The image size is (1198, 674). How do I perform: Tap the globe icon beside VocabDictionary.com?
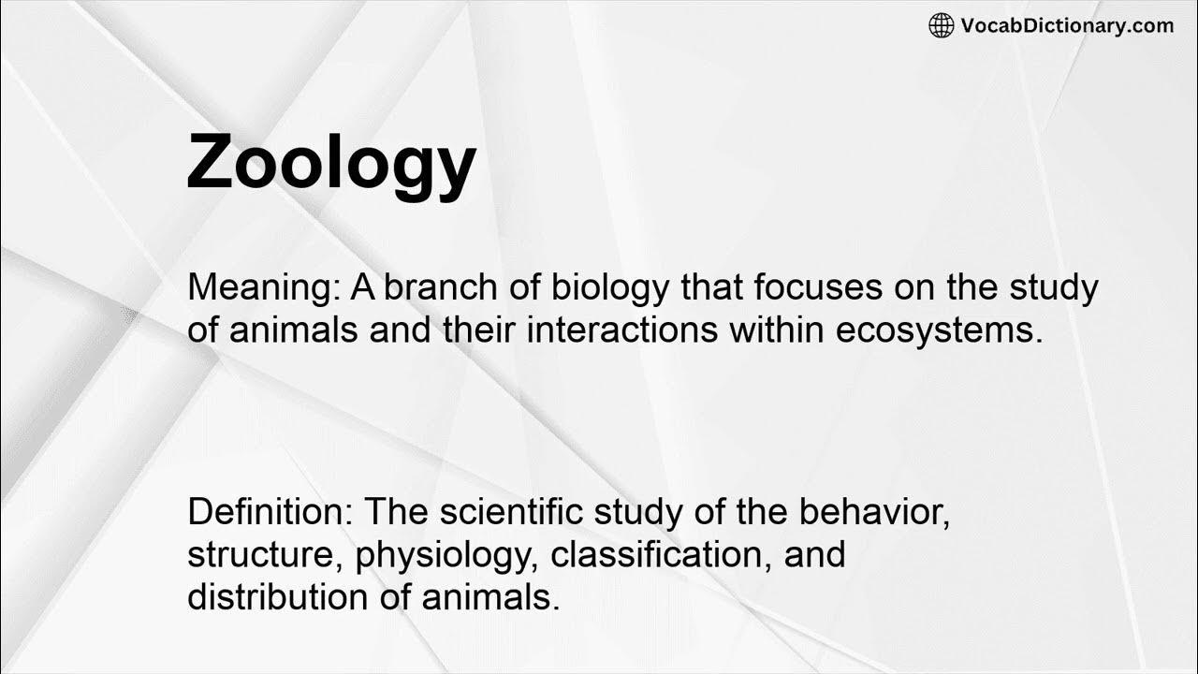click(x=941, y=25)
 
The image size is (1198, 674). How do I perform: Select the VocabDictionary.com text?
click(x=1067, y=25)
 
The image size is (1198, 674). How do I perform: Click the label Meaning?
click(x=263, y=287)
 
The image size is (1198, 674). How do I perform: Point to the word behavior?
click(x=874, y=512)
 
